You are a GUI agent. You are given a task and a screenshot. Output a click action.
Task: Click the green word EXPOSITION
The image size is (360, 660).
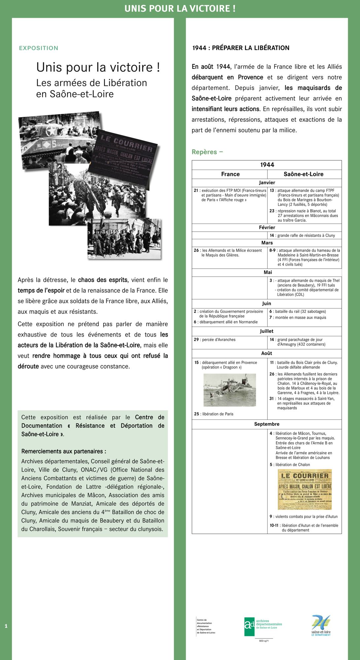click(39, 48)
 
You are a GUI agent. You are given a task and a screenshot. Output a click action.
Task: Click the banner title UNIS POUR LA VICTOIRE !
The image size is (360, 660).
click(180, 9)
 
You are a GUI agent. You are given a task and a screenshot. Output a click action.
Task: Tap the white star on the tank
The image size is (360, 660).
click(51, 131)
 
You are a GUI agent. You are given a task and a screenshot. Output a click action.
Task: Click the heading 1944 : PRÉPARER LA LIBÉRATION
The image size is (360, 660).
click(241, 48)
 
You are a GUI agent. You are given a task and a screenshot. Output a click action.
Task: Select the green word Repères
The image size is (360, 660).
click(205, 152)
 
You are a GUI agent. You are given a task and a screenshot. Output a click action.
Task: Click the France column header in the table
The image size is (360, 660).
click(230, 174)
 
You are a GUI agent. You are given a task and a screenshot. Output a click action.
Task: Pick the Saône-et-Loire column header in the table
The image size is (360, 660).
click(303, 174)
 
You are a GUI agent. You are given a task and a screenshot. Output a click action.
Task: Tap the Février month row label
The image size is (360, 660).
click(267, 227)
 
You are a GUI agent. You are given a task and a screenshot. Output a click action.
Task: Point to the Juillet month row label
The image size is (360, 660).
click(267, 331)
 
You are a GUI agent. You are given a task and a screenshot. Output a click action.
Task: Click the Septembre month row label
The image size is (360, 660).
click(267, 424)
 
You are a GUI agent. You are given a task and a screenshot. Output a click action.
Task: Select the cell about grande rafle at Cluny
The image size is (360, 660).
click(302, 235)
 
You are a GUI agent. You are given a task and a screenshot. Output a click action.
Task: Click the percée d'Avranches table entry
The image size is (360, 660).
click(215, 340)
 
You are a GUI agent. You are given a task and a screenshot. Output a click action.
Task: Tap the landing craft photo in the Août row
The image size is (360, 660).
click(230, 390)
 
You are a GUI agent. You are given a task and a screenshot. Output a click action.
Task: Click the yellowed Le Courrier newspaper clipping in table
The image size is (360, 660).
click(305, 489)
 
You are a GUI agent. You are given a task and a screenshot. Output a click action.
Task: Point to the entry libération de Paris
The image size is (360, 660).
click(214, 414)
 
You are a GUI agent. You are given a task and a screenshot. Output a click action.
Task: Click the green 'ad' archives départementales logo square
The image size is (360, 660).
click(249, 627)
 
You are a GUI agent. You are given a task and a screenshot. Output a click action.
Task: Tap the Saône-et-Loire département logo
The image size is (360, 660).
click(321, 625)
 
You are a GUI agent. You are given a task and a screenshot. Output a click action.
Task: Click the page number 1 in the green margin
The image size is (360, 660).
click(6, 626)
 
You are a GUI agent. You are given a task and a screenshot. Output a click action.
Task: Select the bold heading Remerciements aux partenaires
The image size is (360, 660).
click(64, 451)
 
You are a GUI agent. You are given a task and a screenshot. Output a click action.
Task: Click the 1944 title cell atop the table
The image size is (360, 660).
click(267, 165)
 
